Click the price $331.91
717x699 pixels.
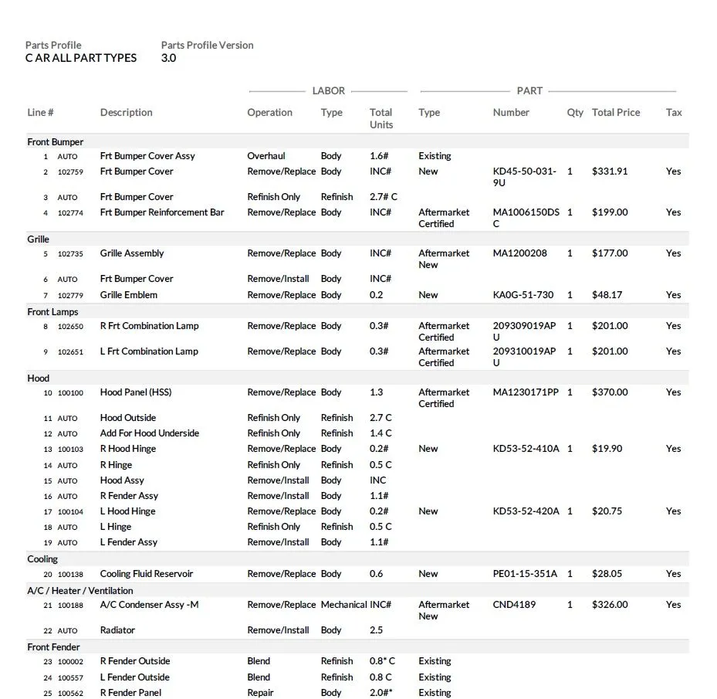(609, 171)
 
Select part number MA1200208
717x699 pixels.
(519, 253)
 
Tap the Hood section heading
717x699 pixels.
(39, 378)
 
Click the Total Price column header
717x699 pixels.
(616, 113)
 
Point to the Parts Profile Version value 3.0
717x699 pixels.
(168, 58)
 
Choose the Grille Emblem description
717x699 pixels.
(129, 295)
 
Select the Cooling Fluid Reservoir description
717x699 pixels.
(147, 574)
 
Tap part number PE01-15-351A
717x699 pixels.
(526, 574)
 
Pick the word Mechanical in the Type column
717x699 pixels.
(343, 605)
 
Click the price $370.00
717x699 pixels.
(610, 392)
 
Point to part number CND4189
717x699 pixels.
(514, 605)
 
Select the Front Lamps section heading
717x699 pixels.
(52, 312)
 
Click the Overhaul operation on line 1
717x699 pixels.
(266, 156)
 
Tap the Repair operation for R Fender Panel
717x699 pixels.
(260, 693)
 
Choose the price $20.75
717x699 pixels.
(607, 511)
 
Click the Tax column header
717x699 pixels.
(674, 113)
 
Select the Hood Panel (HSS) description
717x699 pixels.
(136, 392)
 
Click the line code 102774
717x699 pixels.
(70, 213)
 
